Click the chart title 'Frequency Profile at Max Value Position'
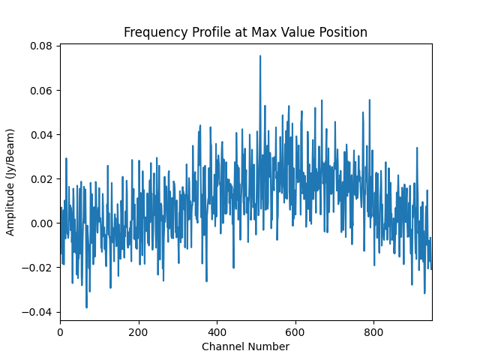tap(245, 32)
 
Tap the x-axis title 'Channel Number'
tap(245, 346)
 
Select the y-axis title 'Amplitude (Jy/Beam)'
tap(10, 178)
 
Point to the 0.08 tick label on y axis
tap(41, 46)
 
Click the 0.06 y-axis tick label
tap(41, 91)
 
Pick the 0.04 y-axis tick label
tap(41, 135)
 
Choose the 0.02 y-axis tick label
tap(41, 179)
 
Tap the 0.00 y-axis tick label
tap(41, 223)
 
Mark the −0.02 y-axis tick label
tap(38, 268)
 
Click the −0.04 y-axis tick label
tap(38, 312)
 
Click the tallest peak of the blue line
tap(260, 56)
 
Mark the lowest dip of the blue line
tap(86, 307)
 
